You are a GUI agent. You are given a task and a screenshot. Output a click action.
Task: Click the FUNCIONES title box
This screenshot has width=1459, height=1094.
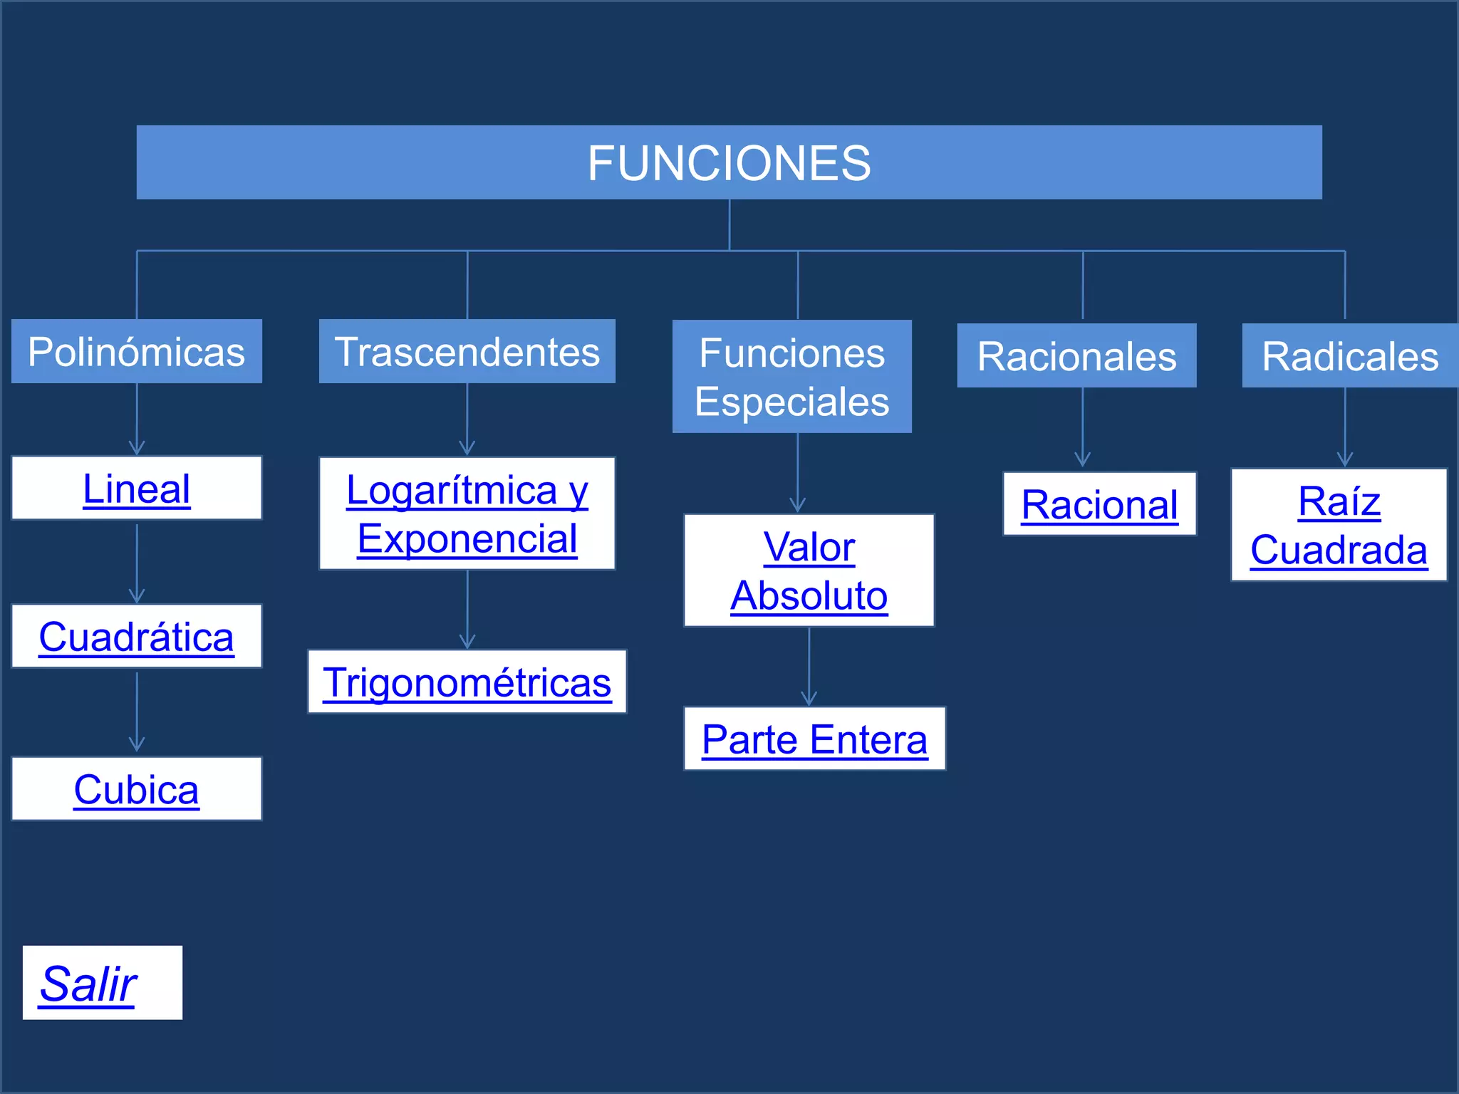point(729,162)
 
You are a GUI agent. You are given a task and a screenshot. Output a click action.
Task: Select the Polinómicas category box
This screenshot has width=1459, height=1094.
point(137,351)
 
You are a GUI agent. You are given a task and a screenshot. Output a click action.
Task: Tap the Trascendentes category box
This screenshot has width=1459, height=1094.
point(467,351)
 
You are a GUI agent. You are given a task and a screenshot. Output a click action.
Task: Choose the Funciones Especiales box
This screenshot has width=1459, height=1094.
point(791,377)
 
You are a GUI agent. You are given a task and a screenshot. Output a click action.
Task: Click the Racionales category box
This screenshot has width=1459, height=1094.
point(1076,355)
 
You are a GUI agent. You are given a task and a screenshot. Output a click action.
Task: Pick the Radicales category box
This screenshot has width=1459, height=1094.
point(1349,355)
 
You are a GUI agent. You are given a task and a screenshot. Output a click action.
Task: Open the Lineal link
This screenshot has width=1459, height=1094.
point(137,489)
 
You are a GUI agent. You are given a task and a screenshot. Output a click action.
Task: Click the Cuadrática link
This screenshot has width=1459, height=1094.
point(137,637)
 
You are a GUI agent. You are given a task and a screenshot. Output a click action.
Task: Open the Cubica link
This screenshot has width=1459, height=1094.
point(137,789)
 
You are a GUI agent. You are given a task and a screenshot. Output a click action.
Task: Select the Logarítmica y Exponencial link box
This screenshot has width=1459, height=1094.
point(467,514)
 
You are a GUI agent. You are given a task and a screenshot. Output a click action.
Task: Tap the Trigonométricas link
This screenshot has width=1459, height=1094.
point(467,682)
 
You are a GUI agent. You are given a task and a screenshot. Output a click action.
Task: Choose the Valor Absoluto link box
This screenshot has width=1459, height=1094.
point(809,571)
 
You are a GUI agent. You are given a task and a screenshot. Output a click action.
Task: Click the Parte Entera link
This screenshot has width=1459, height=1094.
point(814,739)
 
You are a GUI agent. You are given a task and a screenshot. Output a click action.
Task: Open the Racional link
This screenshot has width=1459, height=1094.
point(1099,504)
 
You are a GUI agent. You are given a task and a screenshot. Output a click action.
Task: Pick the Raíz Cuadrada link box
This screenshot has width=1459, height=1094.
point(1339,525)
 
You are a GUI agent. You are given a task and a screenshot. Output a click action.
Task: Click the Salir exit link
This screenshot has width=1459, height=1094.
point(88,984)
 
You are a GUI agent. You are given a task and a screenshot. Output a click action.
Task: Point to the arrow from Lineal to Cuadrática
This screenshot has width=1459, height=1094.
point(137,563)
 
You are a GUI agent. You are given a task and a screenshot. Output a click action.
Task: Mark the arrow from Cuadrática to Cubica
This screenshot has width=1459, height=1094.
point(137,712)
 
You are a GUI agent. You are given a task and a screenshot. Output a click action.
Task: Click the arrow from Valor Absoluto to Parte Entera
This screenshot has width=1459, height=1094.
point(809,667)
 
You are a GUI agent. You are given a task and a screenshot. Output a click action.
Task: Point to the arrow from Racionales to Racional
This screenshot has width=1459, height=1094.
point(1082,427)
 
